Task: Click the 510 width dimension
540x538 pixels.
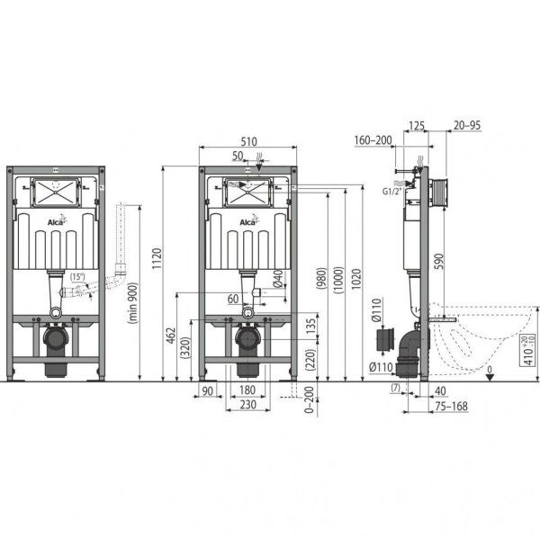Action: pyautogui.click(x=248, y=140)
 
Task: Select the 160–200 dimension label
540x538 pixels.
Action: pyautogui.click(x=373, y=139)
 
